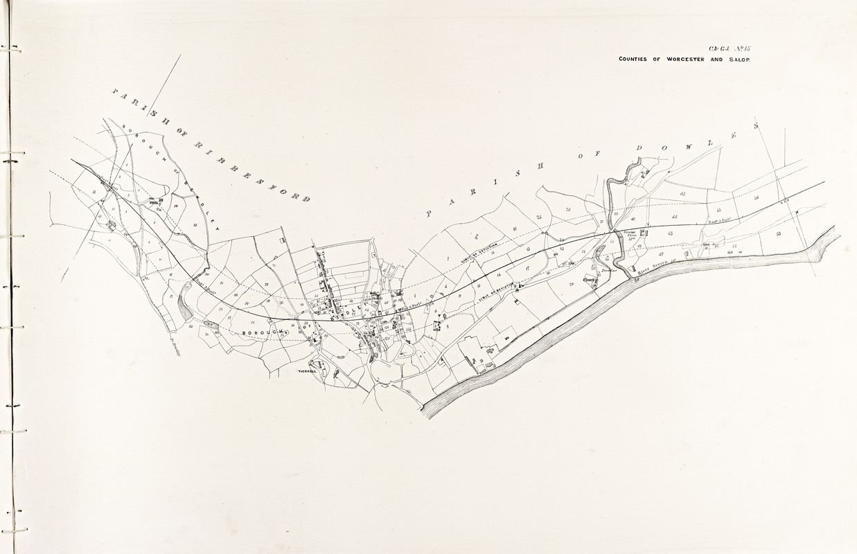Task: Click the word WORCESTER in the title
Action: pyautogui.click(x=686, y=60)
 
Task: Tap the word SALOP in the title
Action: pyautogui.click(x=737, y=60)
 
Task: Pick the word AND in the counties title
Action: pyautogui.click(x=716, y=60)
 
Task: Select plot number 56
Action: pyautogui.click(x=757, y=198)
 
